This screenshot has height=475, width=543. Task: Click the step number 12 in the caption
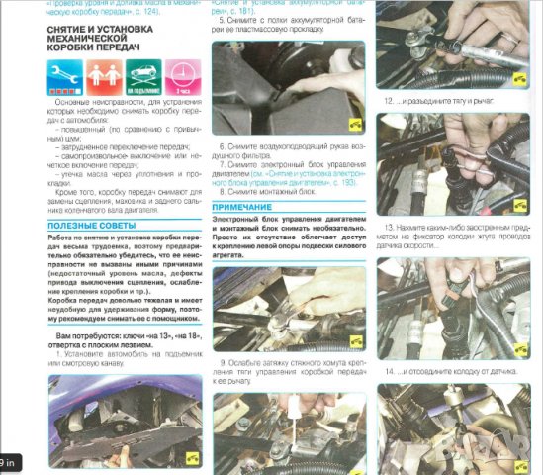391,101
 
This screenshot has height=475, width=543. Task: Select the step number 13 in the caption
391,226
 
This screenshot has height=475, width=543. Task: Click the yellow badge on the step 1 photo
192,456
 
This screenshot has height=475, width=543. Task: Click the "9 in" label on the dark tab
11,462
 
